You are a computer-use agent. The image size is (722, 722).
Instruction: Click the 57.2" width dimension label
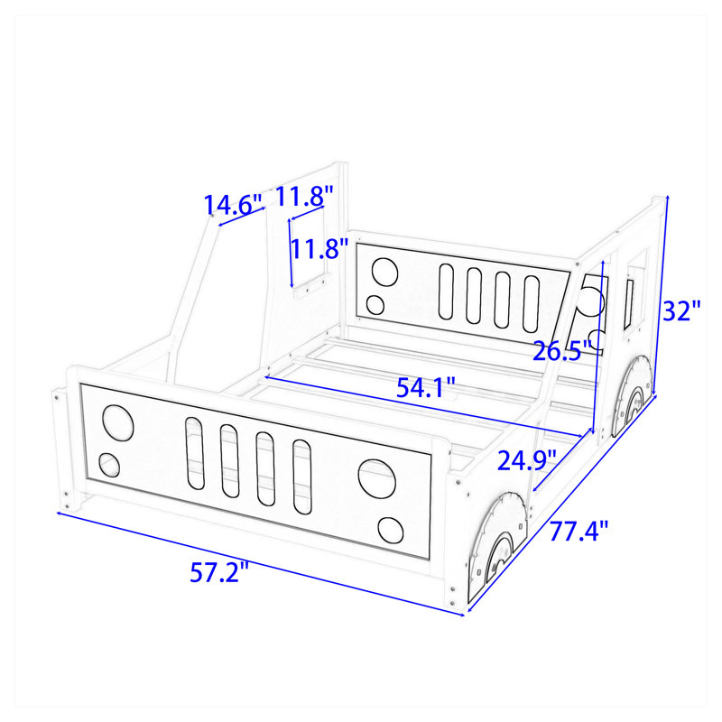pos(219,573)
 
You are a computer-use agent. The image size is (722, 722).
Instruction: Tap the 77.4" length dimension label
pos(579,532)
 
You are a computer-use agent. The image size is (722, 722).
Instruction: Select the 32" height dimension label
pos(682,310)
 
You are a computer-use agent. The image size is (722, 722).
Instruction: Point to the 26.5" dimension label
pos(562,351)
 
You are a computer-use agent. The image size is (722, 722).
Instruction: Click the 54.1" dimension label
pos(426,387)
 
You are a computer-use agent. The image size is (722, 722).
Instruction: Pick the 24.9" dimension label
pos(527,460)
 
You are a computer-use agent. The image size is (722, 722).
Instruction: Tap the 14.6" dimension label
pos(233,205)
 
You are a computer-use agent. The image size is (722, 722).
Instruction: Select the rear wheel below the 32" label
pos(632,396)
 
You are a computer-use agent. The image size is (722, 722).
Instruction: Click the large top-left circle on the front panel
pos(118,423)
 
